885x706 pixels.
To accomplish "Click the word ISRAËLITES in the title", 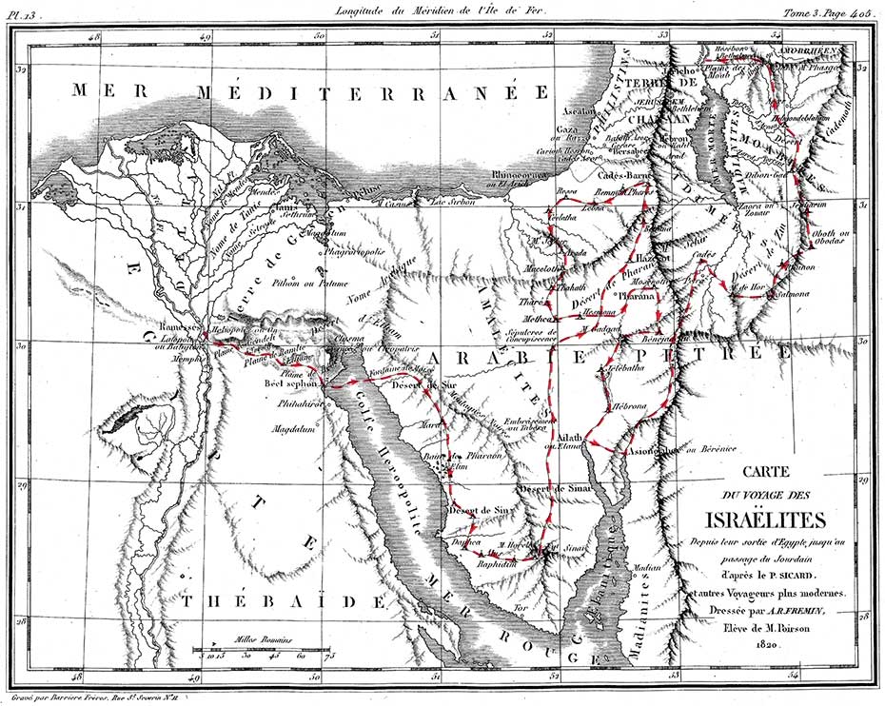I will tap(757, 520).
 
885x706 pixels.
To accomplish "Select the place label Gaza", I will tap(567, 128).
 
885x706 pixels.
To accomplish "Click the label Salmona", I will tap(790, 295).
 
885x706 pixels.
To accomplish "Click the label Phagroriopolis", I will tap(357, 253).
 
